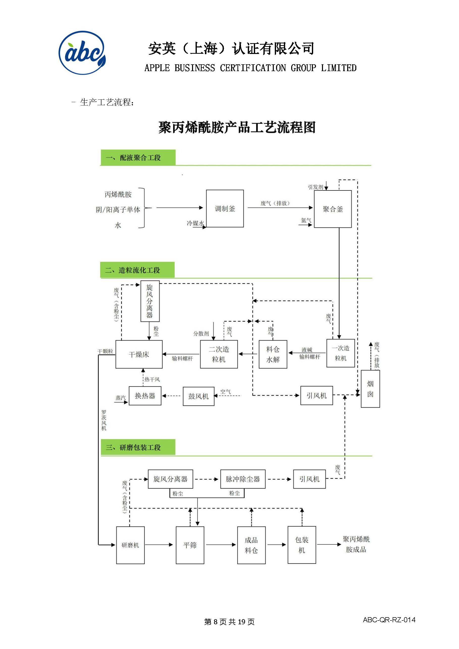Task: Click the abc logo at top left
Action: point(82,53)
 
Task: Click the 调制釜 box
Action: point(225,208)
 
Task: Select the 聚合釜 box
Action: point(333,209)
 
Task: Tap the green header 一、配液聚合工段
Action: point(138,157)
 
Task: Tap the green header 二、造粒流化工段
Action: point(138,270)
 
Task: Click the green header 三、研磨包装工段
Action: point(138,447)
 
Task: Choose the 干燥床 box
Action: point(139,354)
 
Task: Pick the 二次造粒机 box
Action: point(219,354)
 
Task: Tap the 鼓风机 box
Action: point(198,396)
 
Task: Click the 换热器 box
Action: point(145,396)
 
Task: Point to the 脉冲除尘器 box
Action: point(243,479)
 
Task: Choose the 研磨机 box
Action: point(130,545)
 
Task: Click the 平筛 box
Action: point(190,545)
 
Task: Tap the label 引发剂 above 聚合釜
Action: point(315,187)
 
